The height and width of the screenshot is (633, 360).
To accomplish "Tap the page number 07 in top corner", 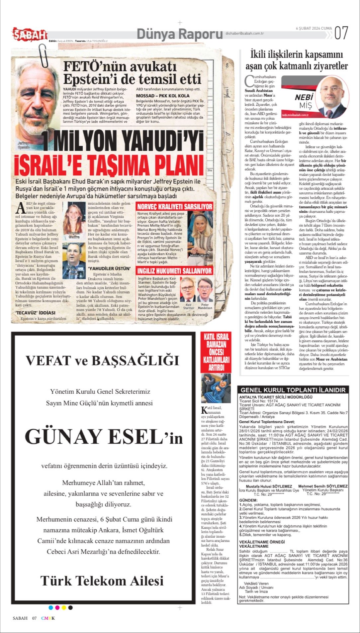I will tap(342, 32).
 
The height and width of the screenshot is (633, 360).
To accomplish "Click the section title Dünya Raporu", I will tap(179, 34).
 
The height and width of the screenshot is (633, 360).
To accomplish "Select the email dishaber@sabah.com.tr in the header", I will tap(244, 33).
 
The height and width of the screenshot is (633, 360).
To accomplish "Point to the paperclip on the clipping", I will tap(43, 55).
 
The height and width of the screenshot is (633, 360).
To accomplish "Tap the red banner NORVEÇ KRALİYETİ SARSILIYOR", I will tap(175, 207).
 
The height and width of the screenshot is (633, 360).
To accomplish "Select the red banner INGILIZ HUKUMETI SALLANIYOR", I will tap(175, 271).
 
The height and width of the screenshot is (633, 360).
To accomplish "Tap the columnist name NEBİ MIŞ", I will tap(304, 101).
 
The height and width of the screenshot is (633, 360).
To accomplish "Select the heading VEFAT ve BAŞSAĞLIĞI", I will tap(103, 361).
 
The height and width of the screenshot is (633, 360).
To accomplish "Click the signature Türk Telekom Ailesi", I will tap(102, 580).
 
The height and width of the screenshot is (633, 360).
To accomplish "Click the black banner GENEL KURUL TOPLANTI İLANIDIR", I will tap(293, 390).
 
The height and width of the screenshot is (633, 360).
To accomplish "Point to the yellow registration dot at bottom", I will tap(64, 608).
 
